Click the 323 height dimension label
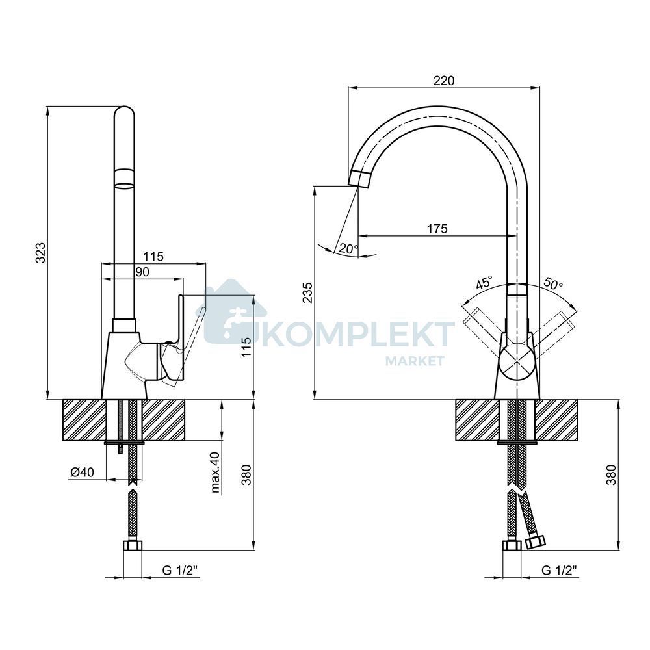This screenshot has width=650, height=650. (40, 252)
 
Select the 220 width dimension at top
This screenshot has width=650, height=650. (443, 81)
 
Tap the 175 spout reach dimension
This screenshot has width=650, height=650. (437, 228)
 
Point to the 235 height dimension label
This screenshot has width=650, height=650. (307, 292)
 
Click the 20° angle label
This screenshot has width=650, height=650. (348, 249)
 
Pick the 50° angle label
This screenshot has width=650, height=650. (553, 284)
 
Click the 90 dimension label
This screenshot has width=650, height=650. (142, 272)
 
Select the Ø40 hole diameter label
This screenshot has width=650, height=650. (82, 472)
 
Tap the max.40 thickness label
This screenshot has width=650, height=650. (216, 472)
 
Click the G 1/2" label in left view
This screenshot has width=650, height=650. (179, 571)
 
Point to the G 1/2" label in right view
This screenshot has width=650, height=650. (559, 571)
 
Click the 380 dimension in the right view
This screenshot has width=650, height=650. (611, 474)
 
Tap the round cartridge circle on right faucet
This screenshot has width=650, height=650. (517, 361)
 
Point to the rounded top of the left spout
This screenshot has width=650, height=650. (124, 111)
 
